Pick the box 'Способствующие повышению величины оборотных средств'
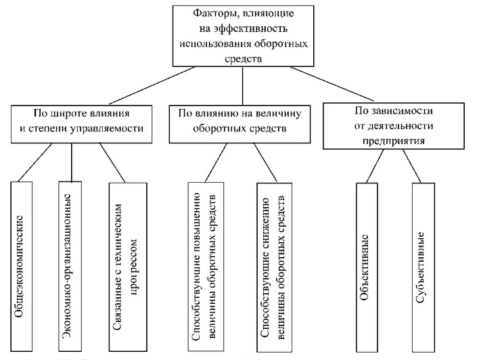203,267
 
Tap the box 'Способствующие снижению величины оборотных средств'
273,267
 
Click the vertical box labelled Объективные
371,268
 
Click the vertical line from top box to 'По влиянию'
242,85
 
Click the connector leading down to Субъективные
414,166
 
